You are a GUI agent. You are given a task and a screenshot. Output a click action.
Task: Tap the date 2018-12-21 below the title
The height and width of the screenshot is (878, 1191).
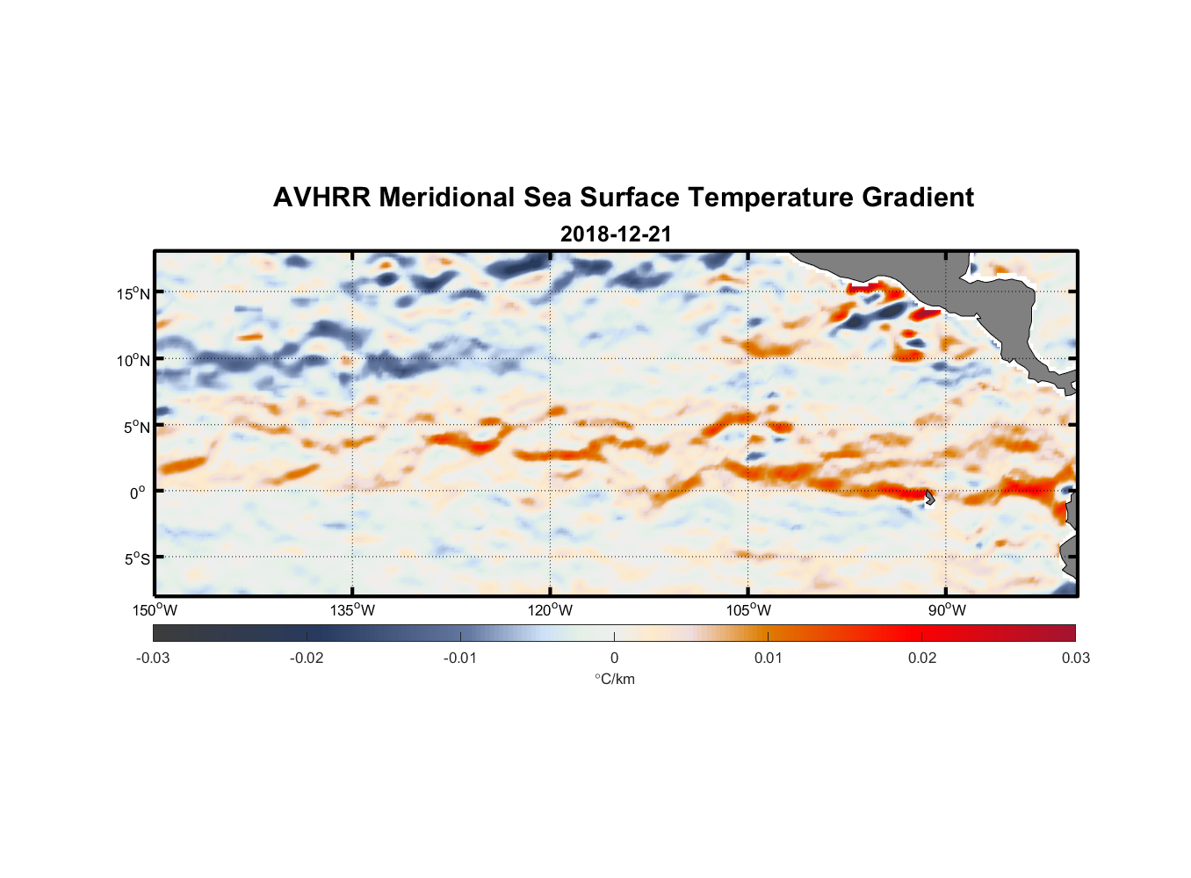click(616, 234)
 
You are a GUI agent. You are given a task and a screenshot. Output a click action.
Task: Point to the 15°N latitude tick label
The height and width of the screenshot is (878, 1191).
click(134, 293)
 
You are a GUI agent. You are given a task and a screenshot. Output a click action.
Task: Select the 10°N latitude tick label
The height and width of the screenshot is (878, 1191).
click(134, 360)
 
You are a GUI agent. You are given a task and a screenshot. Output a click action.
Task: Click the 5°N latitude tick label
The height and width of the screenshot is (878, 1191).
click(136, 427)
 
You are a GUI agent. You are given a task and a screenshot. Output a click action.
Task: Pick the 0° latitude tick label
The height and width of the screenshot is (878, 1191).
click(138, 493)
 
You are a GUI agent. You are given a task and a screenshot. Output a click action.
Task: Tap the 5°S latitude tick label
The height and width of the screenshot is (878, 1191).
click(136, 559)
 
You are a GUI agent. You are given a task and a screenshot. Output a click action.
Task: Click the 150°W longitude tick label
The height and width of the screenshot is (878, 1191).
click(155, 610)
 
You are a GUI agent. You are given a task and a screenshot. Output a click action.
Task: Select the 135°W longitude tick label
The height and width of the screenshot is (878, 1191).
click(353, 610)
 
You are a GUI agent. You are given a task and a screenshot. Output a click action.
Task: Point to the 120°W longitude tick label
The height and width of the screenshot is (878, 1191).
click(551, 610)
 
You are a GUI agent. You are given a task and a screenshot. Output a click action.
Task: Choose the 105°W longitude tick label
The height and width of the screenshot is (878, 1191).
click(748, 610)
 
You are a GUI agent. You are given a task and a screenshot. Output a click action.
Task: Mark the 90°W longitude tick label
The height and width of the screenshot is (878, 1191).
click(947, 610)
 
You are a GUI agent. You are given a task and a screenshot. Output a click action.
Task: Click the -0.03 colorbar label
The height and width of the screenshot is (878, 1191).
click(153, 658)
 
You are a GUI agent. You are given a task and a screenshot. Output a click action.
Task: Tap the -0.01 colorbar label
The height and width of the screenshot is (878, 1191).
click(459, 658)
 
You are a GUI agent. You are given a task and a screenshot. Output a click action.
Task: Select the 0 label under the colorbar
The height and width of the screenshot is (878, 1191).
click(614, 658)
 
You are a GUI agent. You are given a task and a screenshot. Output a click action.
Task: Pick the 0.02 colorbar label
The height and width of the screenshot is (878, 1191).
click(922, 658)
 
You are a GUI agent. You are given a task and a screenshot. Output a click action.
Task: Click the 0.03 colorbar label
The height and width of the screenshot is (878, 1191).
click(1075, 658)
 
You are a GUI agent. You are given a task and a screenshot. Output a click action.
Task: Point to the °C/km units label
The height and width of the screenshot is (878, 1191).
click(615, 679)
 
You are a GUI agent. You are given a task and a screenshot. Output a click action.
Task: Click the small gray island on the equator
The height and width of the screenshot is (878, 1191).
click(930, 497)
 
